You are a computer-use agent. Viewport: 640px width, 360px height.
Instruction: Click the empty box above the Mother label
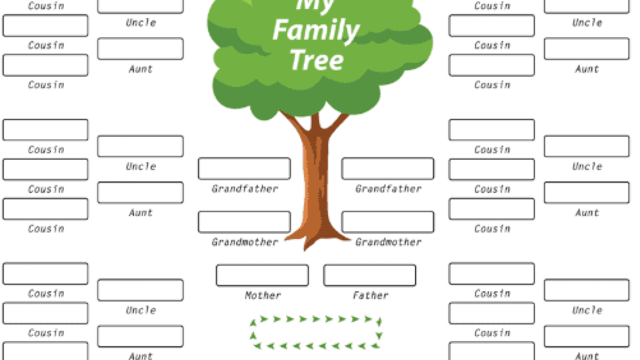[262, 275]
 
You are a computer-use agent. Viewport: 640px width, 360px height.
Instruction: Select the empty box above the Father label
[370, 275]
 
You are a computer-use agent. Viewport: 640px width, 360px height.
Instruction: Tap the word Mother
[263, 295]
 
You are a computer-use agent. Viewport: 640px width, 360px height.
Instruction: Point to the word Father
[370, 295]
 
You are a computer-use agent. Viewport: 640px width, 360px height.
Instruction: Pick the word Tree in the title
[317, 61]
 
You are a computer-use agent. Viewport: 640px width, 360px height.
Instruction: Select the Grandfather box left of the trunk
[244, 169]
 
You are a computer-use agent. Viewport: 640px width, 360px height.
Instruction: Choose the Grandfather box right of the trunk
[388, 169]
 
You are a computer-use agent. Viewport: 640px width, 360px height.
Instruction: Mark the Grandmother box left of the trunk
[244, 222]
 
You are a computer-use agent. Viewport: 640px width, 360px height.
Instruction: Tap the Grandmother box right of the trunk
[388, 222]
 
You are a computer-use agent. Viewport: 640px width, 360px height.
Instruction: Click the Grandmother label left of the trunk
[245, 242]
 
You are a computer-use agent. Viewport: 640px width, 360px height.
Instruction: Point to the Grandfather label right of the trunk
[388, 189]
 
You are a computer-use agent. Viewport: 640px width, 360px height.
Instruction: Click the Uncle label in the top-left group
[141, 23]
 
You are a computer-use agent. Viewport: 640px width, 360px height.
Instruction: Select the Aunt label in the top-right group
[587, 69]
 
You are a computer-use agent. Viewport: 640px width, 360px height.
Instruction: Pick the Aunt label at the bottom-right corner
[587, 356]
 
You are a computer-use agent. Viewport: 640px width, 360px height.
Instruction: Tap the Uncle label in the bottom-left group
[141, 310]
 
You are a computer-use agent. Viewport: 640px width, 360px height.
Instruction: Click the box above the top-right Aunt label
[587, 49]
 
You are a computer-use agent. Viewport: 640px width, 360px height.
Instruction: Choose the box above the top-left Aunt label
[140, 49]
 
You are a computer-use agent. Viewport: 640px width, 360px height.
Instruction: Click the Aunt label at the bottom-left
[141, 356]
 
